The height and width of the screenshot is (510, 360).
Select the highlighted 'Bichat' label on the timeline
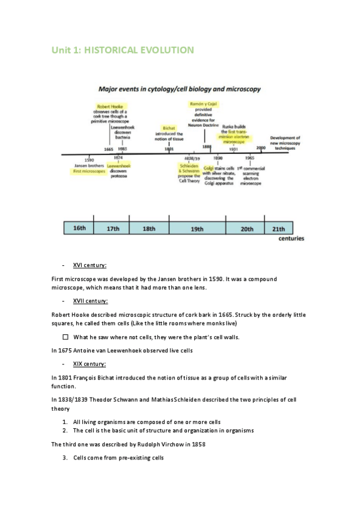click(169, 127)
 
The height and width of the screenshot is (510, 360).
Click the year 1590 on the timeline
click(88, 160)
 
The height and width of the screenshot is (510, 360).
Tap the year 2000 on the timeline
click(261, 147)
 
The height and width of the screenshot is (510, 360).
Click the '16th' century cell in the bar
click(79, 229)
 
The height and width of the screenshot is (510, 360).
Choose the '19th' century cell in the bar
click(197, 229)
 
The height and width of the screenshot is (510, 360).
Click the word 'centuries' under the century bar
click(291, 239)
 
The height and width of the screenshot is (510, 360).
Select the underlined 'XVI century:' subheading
click(90, 265)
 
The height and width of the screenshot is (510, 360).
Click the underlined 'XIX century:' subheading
click(90, 364)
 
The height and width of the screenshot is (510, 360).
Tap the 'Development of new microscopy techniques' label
click(285, 142)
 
